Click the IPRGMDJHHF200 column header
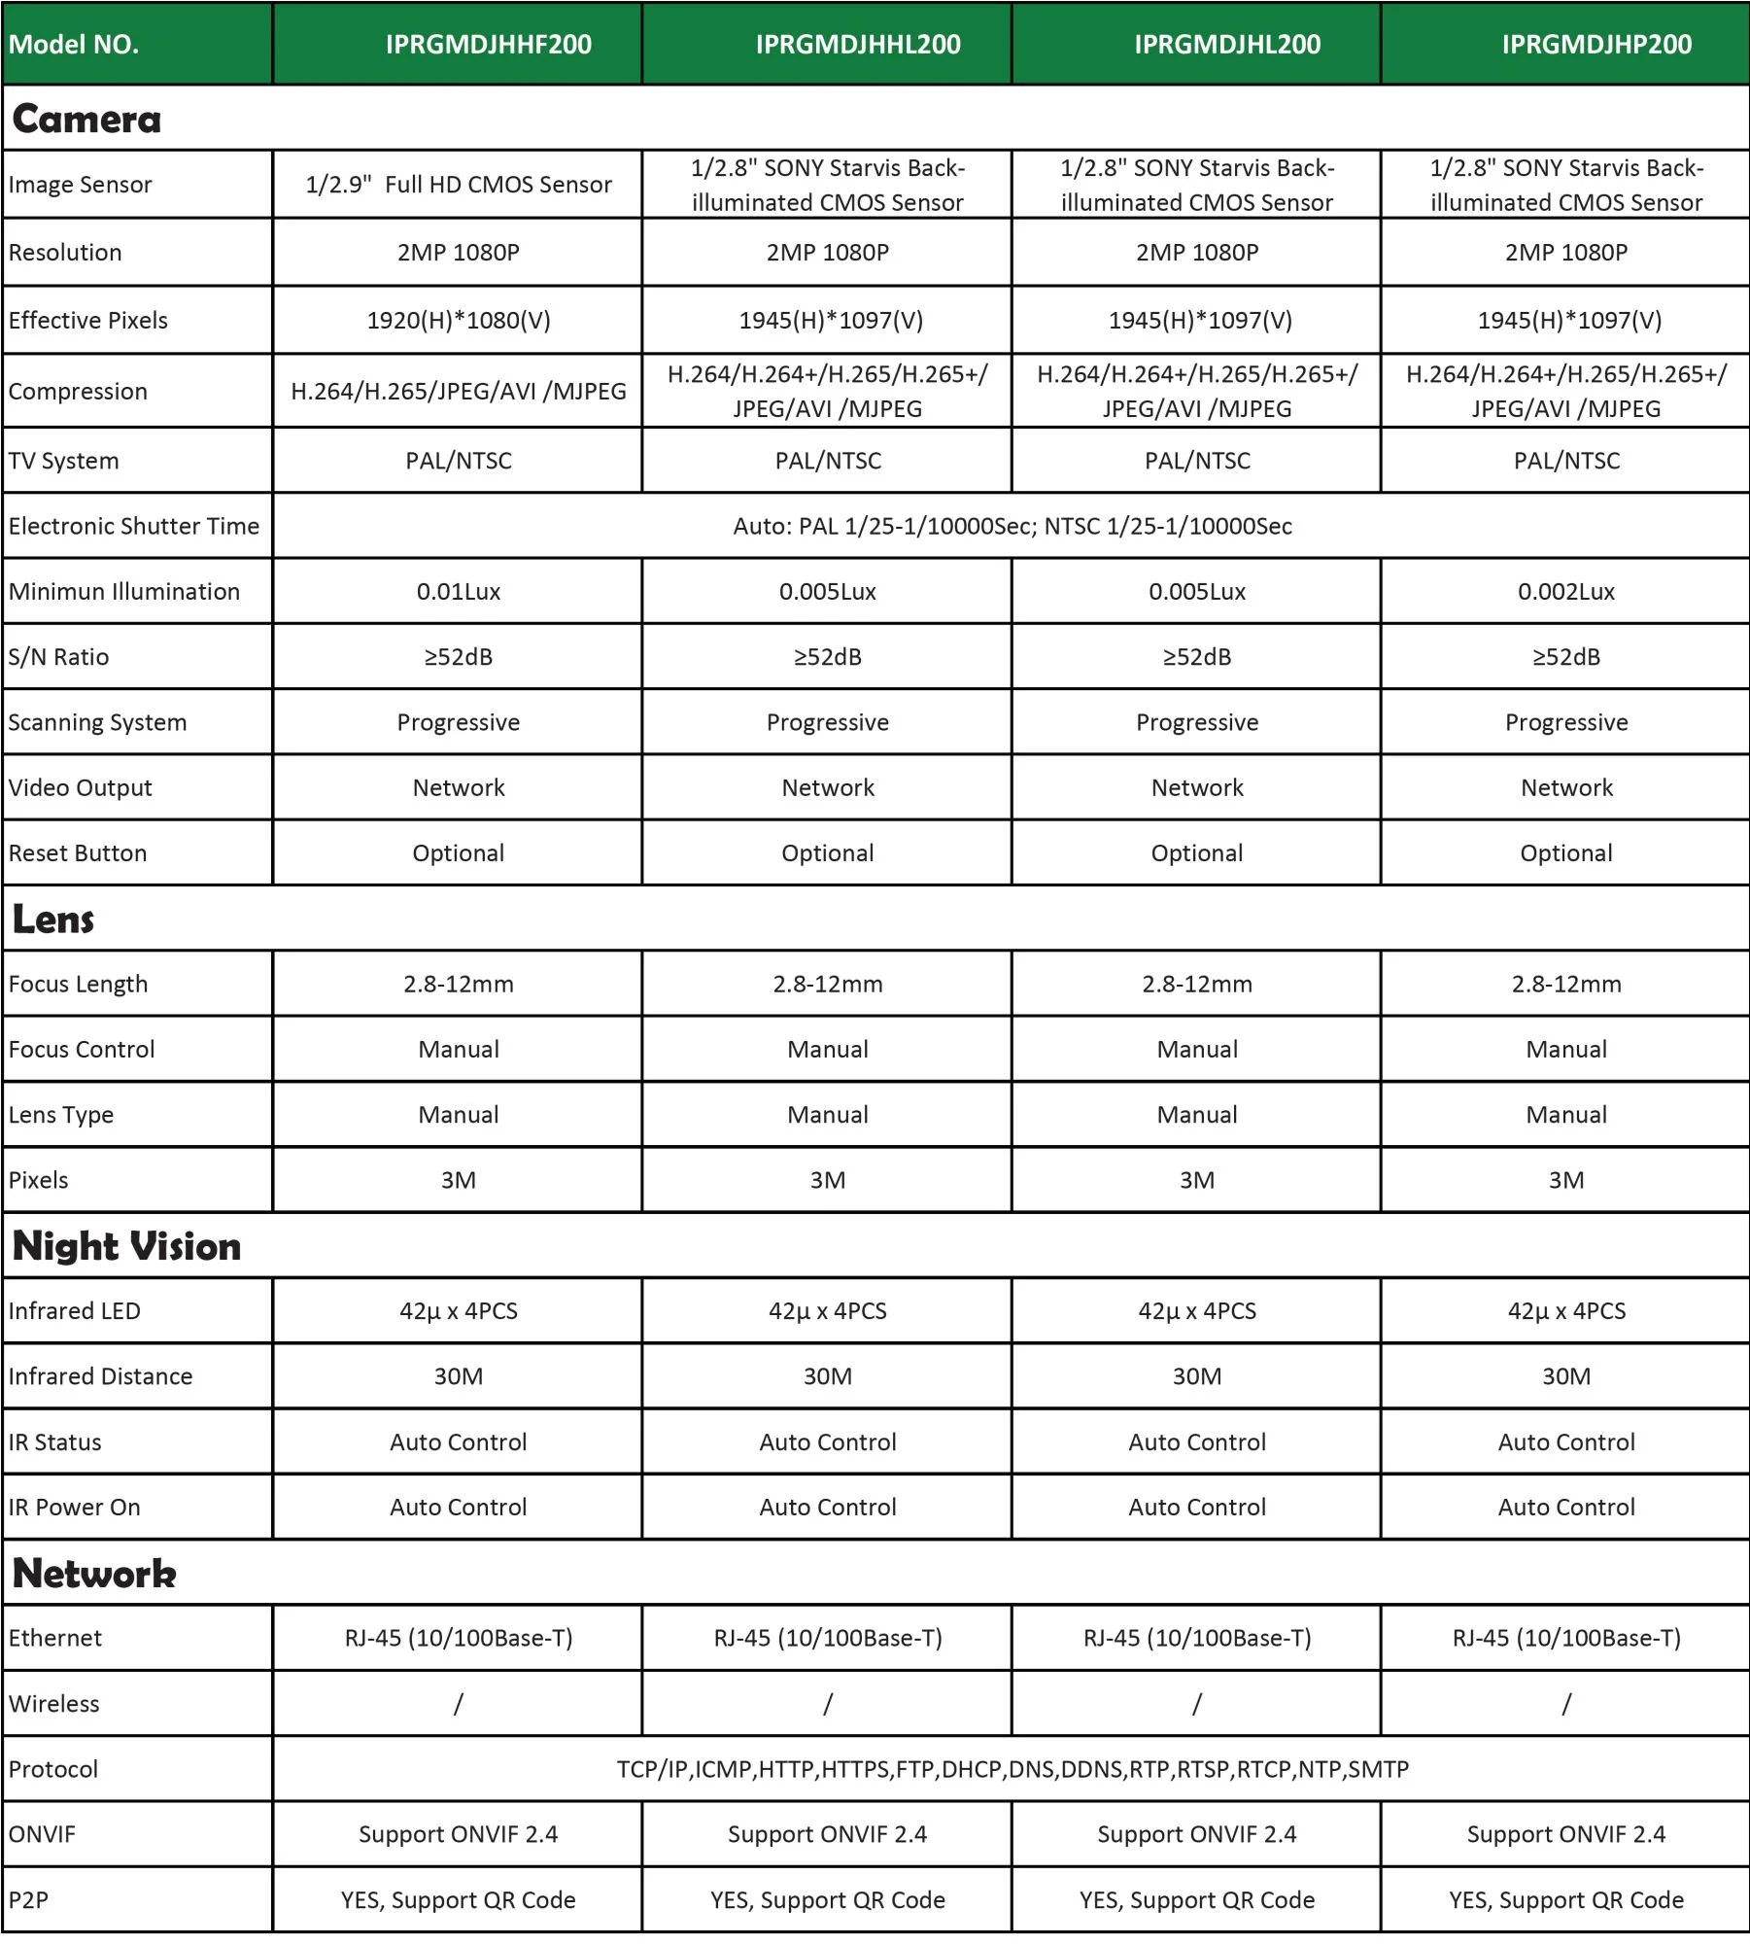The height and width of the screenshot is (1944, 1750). (x=488, y=44)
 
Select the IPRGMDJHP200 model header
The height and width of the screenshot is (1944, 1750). (x=1596, y=44)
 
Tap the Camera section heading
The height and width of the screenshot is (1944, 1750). (x=86, y=119)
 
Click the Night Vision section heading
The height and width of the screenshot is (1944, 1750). (x=126, y=1246)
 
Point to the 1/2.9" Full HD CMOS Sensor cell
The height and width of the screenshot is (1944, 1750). (x=459, y=185)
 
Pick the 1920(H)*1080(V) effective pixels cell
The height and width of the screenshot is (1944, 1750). (x=459, y=320)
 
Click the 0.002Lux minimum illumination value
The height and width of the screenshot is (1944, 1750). (x=1565, y=591)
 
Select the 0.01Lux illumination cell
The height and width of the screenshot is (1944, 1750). (x=459, y=591)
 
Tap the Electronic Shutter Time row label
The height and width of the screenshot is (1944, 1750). (x=134, y=526)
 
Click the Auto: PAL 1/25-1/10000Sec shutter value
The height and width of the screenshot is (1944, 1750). (x=1012, y=526)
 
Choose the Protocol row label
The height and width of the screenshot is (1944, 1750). (x=53, y=1769)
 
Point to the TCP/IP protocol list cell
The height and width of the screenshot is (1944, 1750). (x=1012, y=1769)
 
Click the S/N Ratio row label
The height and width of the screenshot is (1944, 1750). (x=58, y=657)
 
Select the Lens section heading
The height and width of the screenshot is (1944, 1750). (x=53, y=919)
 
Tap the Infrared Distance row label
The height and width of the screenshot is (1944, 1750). (x=100, y=1376)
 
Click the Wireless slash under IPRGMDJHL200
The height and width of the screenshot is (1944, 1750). (x=1196, y=1704)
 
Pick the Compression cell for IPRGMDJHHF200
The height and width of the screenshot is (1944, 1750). (x=459, y=391)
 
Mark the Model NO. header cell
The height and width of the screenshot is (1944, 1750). (x=74, y=44)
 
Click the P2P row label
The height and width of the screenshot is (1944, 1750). (x=28, y=1900)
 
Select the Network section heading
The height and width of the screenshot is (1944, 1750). (x=94, y=1574)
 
